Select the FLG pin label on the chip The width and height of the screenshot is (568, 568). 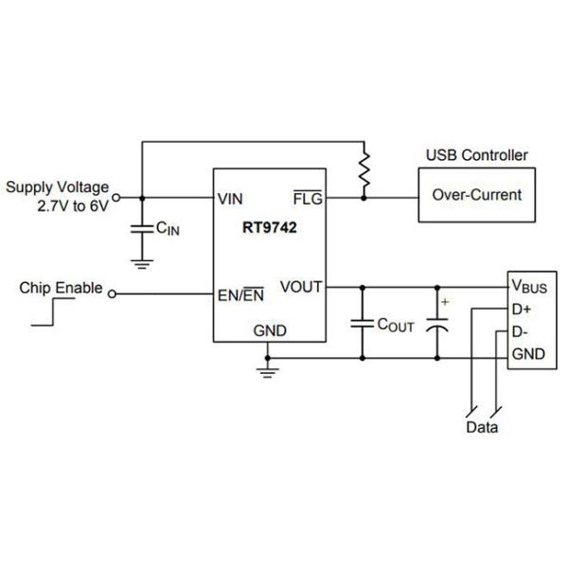[308, 199]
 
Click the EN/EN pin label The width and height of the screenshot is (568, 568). [240, 294]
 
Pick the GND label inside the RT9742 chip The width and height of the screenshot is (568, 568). [269, 330]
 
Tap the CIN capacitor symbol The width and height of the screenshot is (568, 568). [142, 228]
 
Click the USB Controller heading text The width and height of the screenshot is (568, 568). [476, 155]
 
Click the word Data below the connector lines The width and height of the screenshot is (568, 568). [482, 427]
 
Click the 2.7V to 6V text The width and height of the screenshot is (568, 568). [73, 205]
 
